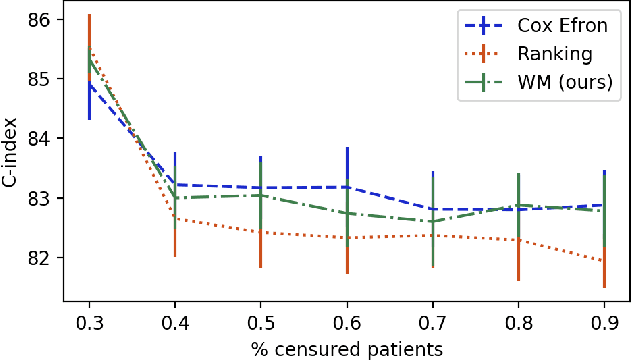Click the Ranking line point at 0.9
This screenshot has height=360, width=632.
(x=604, y=261)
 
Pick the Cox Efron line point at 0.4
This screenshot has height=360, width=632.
(x=175, y=184)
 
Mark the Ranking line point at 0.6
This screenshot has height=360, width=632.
(x=346, y=238)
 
